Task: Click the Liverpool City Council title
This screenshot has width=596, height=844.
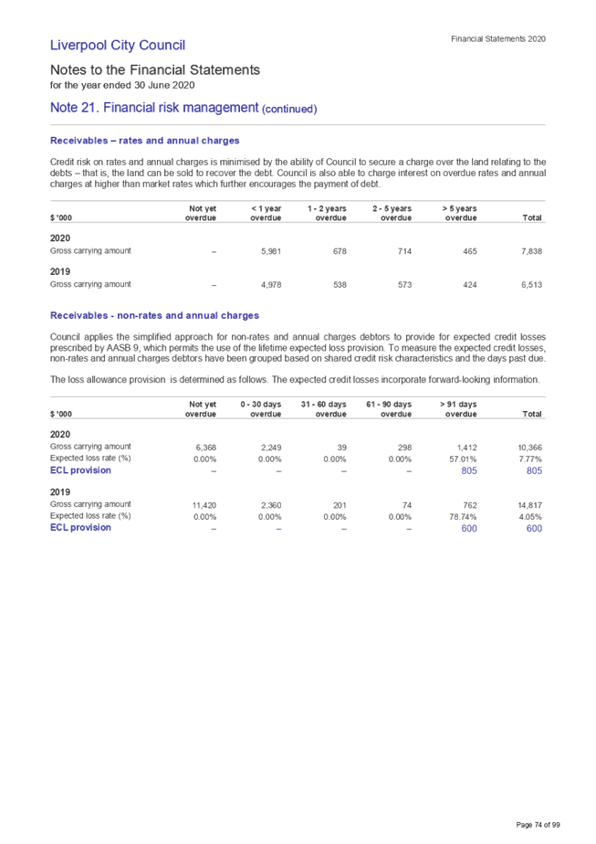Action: click(x=118, y=45)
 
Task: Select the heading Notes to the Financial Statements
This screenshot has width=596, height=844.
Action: click(x=155, y=69)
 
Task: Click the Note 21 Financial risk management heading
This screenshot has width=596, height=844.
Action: click(x=154, y=108)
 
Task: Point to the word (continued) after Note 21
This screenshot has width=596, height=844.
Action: click(x=290, y=110)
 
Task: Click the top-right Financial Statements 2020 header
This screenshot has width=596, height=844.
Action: click(x=498, y=39)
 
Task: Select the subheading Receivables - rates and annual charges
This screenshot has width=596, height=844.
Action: click(x=145, y=141)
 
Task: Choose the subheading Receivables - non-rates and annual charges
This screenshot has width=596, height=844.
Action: click(x=154, y=316)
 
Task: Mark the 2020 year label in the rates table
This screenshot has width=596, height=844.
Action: click(x=60, y=237)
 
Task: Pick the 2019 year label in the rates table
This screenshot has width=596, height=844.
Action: click(x=60, y=271)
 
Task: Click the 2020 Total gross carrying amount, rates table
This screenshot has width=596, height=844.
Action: click(x=532, y=250)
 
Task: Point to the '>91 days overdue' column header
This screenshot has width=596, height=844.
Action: click(x=459, y=409)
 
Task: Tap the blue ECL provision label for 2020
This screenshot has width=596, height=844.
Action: click(x=80, y=470)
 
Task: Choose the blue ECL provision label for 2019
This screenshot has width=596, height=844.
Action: click(x=80, y=528)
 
